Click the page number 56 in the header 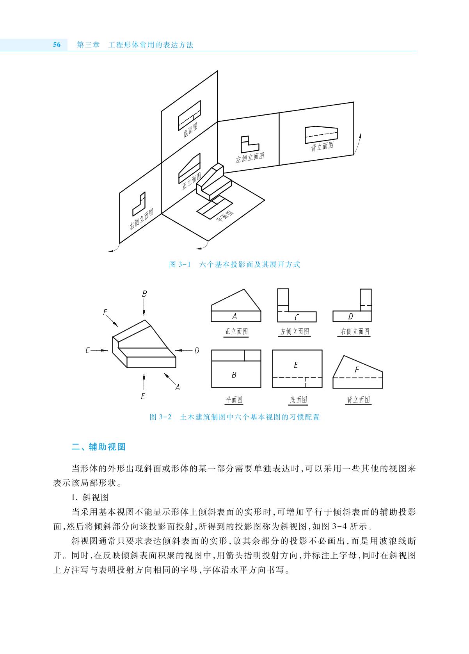click(57, 45)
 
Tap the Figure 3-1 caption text click(234, 264)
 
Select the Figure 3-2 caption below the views click(234, 417)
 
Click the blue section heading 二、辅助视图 click(98, 447)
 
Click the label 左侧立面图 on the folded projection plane click(250, 157)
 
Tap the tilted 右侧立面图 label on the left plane click(142, 219)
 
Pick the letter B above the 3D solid click(144, 294)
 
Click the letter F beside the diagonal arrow click(105, 312)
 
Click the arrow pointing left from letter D click(184, 350)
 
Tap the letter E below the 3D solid click(143, 396)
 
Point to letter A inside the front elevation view click(234, 316)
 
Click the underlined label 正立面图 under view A click(236, 331)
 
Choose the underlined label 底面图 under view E click(298, 399)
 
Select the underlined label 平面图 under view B click(234, 399)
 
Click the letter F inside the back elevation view click(357, 370)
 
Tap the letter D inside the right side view click(350, 317)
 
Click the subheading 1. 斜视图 click(90, 497)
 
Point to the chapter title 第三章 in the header click(88, 45)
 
